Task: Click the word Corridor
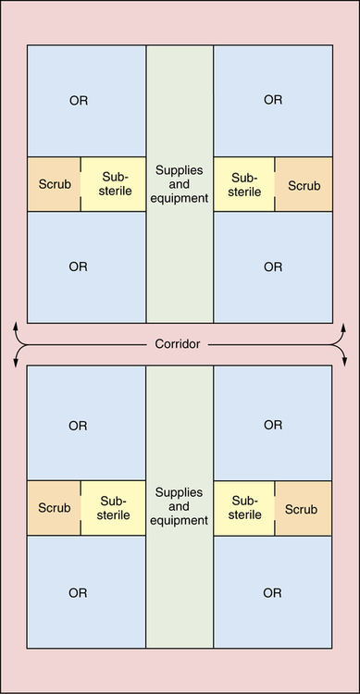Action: (x=178, y=344)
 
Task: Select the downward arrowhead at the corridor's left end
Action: (x=16, y=362)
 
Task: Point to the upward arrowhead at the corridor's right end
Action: (x=344, y=328)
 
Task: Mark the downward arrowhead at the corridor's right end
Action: (x=344, y=361)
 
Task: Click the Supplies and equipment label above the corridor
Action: (x=180, y=184)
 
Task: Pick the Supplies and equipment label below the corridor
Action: (x=180, y=506)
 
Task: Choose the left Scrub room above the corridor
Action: (x=54, y=184)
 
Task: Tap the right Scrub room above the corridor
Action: (x=304, y=184)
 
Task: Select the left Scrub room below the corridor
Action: (x=54, y=508)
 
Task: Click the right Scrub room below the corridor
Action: (x=304, y=508)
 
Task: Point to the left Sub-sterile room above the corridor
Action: (x=113, y=184)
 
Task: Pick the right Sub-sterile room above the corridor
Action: (x=244, y=184)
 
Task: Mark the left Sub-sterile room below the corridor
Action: (x=113, y=508)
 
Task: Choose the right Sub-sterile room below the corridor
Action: (x=244, y=508)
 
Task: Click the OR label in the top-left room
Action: (x=79, y=101)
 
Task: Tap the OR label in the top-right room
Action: (x=273, y=100)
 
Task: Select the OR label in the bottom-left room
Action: (x=78, y=593)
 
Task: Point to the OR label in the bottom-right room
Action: (x=272, y=593)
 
